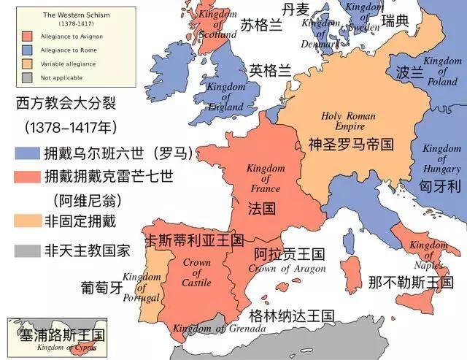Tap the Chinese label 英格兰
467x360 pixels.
(x=270, y=71)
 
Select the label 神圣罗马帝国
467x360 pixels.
(x=351, y=144)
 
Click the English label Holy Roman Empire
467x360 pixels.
(x=349, y=121)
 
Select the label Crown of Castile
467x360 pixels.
(x=196, y=272)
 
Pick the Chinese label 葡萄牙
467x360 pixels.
(x=103, y=287)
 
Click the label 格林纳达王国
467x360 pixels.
(x=291, y=316)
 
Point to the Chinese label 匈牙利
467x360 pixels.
(x=441, y=185)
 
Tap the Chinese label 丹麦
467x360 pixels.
(x=297, y=9)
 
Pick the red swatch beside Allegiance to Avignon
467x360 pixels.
(x=28, y=35)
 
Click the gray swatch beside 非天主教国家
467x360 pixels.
(x=28, y=250)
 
